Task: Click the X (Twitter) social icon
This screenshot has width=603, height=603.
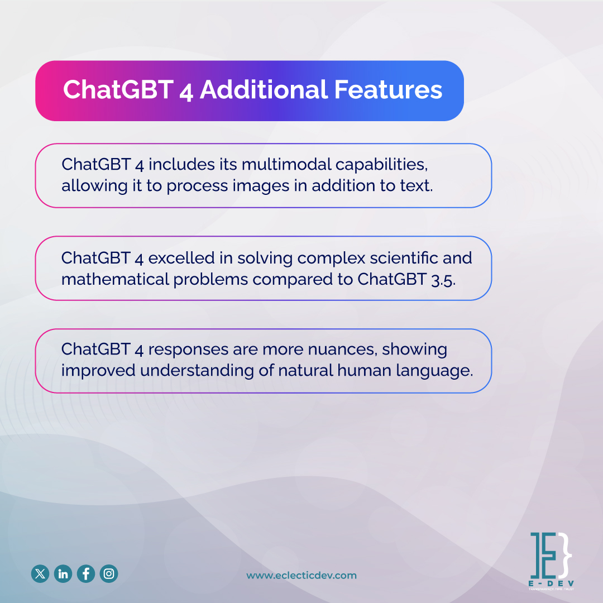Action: coord(40,573)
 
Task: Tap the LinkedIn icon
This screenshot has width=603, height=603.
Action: coord(63,573)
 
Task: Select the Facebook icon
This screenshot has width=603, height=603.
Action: coord(86,573)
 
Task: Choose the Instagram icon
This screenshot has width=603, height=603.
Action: coord(109,573)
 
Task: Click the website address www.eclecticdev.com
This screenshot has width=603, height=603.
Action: coord(301,576)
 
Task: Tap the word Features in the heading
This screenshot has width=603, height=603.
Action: coord(389,90)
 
